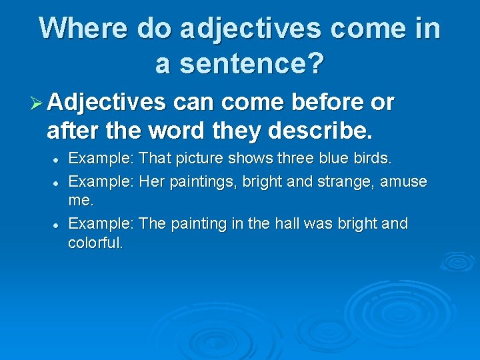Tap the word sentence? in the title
(x=258, y=63)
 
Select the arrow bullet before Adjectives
(x=37, y=103)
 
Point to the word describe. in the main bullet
(x=320, y=131)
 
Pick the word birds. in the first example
(x=373, y=159)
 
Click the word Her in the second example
(x=153, y=181)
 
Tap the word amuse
(x=404, y=181)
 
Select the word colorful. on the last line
(x=96, y=243)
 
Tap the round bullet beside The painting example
(x=59, y=225)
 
